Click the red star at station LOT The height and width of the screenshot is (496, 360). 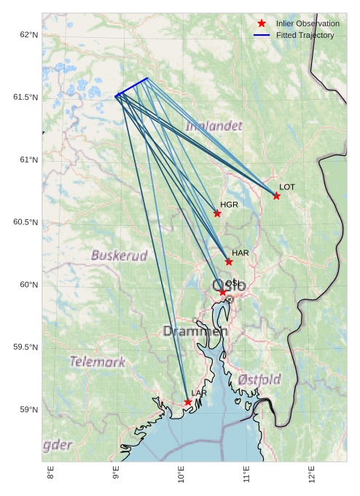(276, 196)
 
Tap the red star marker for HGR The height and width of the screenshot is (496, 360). (217, 213)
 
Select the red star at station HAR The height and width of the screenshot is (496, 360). (229, 261)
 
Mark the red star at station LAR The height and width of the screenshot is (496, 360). (188, 402)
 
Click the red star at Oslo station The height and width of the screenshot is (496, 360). (222, 292)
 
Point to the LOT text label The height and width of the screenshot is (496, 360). (287, 187)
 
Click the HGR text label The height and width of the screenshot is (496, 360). (229, 205)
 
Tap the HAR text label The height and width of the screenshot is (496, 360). (240, 253)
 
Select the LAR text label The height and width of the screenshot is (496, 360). (199, 393)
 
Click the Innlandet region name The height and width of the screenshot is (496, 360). (214, 126)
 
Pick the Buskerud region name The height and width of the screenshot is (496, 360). (119, 256)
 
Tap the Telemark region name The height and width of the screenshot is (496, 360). (97, 361)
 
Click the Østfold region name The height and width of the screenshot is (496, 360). (259, 379)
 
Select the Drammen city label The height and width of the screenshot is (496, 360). (195, 331)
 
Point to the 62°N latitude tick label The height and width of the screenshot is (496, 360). (28, 35)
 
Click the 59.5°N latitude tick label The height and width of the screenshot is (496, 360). (26, 347)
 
